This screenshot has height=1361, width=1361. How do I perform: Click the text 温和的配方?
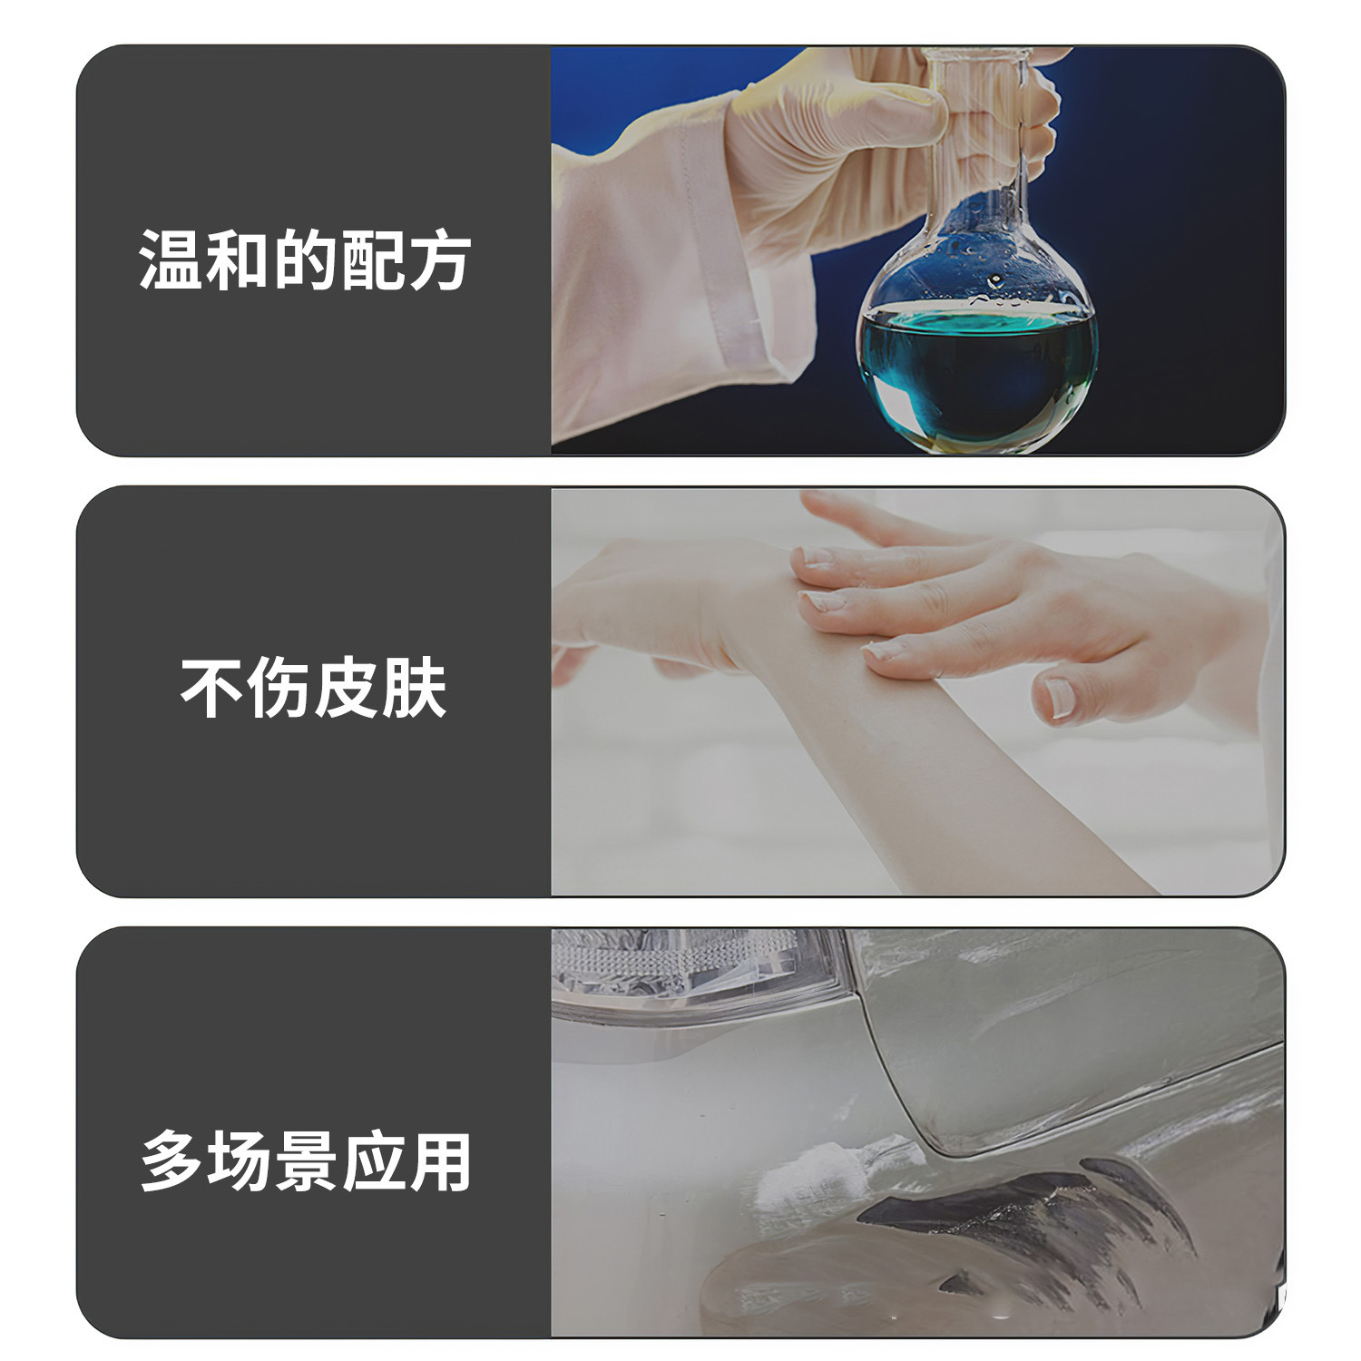(305, 260)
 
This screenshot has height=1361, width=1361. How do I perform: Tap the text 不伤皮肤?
(314, 688)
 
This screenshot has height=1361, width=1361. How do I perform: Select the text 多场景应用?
(306, 1160)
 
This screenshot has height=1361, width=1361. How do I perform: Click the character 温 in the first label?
(172, 260)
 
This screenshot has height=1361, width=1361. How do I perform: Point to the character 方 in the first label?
(439, 260)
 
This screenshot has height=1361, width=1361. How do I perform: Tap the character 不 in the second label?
(213, 688)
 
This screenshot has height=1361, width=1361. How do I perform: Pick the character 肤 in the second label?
(415, 688)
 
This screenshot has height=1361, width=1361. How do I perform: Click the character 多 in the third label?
(172, 1160)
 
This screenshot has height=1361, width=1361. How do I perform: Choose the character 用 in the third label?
(440, 1160)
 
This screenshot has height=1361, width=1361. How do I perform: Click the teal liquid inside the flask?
(977, 372)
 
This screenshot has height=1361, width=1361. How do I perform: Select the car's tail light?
(699, 971)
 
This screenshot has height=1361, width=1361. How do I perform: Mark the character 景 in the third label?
(306, 1160)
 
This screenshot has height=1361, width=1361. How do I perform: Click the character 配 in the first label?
(372, 260)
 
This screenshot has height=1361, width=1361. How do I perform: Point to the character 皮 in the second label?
(348, 688)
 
